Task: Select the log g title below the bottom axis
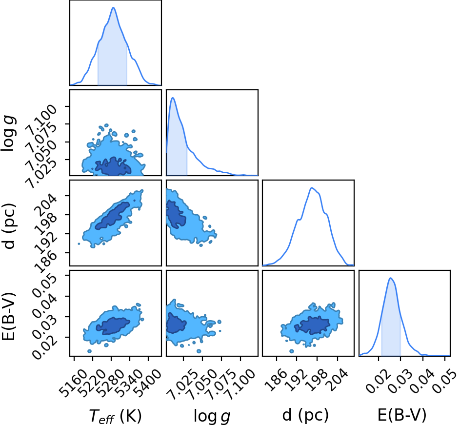(212, 416)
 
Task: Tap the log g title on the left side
(8, 133)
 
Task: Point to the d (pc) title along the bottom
(305, 415)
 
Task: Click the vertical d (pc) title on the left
(9, 226)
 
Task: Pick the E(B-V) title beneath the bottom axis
(401, 415)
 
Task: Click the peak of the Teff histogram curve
(113, 7)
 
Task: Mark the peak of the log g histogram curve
(173, 98)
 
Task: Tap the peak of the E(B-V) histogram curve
(390, 278)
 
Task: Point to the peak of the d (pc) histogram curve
(312, 188)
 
